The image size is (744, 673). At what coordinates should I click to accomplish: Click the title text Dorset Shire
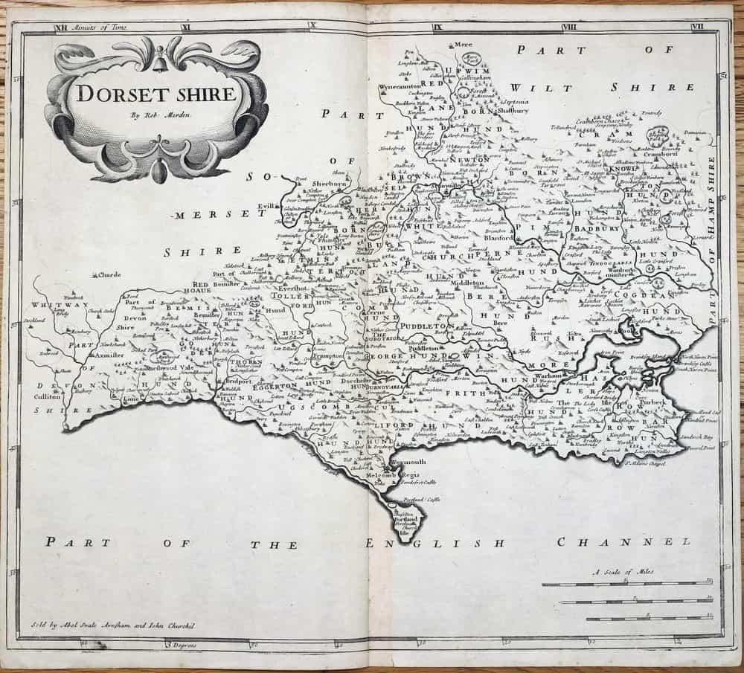(155, 95)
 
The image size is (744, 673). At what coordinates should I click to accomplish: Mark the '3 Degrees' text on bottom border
(181, 644)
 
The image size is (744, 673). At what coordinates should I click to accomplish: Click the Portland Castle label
(417, 500)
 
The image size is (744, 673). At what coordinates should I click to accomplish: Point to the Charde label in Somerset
(108, 275)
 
